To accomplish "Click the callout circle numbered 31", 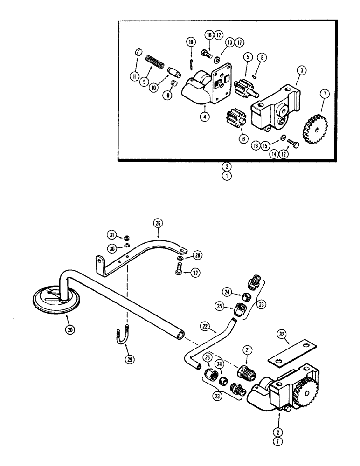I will (x=111, y=234).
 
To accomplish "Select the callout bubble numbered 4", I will (x=204, y=117).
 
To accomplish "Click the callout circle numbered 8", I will (x=263, y=57).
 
